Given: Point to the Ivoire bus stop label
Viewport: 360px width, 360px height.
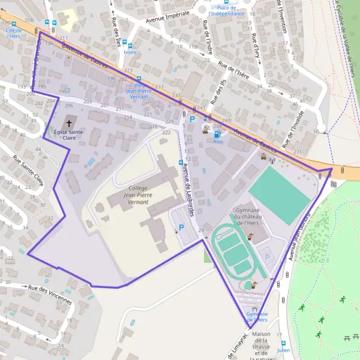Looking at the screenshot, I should [130, 52].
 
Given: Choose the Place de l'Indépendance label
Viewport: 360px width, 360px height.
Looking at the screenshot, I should [226, 11].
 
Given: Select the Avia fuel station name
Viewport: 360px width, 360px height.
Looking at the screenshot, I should [218, 143].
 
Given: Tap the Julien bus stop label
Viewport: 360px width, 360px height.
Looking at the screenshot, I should [283, 350].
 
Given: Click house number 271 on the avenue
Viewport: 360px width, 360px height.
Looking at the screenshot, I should [298, 152].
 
